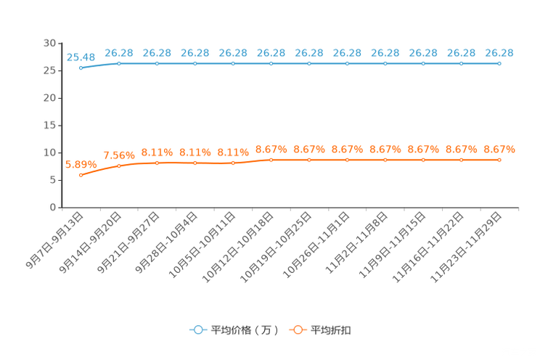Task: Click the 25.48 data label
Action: [x=81, y=57]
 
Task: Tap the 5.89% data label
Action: [x=81, y=165]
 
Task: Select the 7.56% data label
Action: [x=119, y=155]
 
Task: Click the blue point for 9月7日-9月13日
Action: [x=81, y=68]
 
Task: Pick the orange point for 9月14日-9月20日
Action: [x=119, y=166]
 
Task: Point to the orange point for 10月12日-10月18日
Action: [x=271, y=160]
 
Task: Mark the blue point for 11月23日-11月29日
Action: [x=499, y=63]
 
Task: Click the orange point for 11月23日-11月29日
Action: [x=499, y=160]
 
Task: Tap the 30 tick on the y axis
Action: [x=49, y=43]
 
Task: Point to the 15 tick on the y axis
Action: [x=49, y=126]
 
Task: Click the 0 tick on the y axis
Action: [x=53, y=208]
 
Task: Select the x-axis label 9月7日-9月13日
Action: [x=55, y=240]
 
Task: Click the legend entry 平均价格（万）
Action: [x=245, y=330]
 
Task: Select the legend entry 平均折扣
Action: [x=331, y=330]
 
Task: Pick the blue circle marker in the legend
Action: [x=198, y=330]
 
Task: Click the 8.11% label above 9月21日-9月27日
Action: [x=157, y=152]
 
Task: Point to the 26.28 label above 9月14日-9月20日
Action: [x=119, y=53]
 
